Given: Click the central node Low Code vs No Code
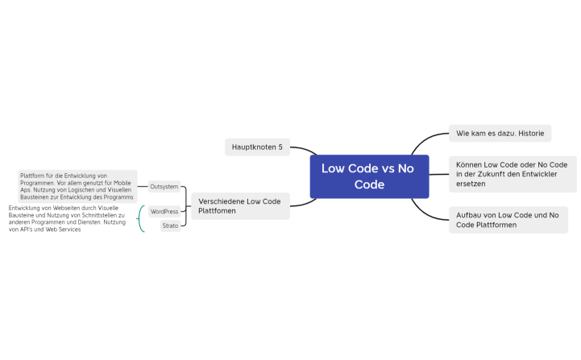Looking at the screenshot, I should click(x=369, y=176).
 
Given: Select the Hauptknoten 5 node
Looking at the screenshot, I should click(x=257, y=147).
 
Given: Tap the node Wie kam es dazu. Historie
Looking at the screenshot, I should click(x=500, y=133).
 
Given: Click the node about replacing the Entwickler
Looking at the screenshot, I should click(x=513, y=174).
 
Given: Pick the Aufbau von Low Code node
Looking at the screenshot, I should click(x=508, y=220).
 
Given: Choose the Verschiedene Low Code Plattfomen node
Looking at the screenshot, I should click(x=239, y=206).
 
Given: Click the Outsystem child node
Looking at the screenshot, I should click(x=164, y=186).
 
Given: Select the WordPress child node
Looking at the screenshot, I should click(x=164, y=211).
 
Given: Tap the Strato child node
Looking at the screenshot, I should click(x=170, y=226).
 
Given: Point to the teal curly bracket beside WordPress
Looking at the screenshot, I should click(x=141, y=218).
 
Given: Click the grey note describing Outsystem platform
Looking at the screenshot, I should click(x=77, y=186).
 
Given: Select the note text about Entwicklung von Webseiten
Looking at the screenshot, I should click(x=66, y=218).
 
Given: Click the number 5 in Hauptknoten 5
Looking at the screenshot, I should click(x=280, y=147).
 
